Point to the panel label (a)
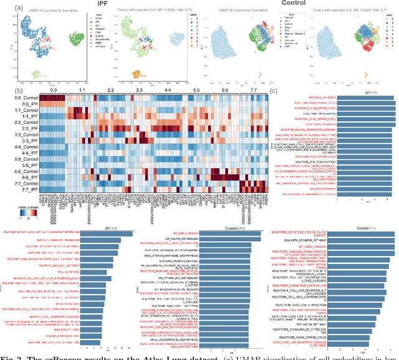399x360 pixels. [20, 8]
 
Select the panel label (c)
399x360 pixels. [272, 90]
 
